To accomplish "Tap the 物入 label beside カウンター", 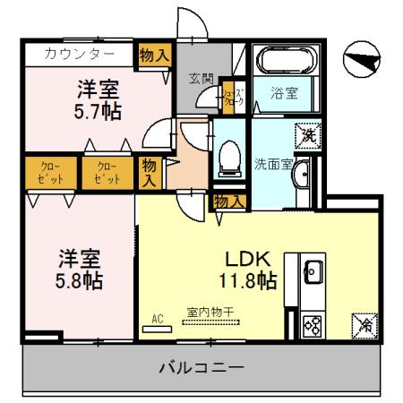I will click(x=154, y=55).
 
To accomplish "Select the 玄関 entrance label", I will click(x=200, y=79).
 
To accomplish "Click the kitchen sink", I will click(x=313, y=270).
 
